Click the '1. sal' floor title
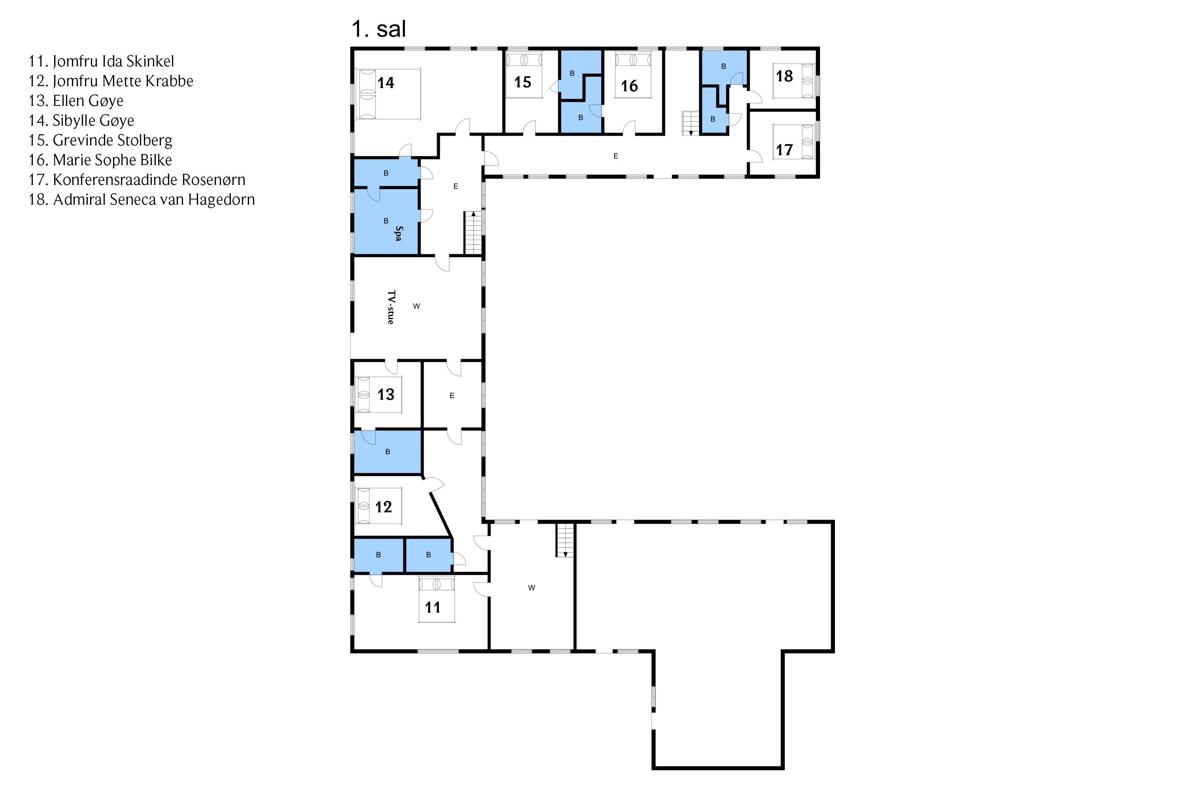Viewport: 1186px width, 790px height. (x=378, y=29)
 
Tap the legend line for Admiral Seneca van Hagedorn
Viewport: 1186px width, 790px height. (x=142, y=199)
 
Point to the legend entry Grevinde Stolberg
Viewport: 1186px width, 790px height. (x=100, y=140)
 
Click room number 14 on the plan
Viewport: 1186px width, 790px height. (x=386, y=83)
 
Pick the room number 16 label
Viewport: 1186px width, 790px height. (x=629, y=86)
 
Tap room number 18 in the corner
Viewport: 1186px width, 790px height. (x=784, y=76)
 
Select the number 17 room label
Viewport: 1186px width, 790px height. (x=784, y=150)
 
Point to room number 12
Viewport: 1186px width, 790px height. (x=383, y=507)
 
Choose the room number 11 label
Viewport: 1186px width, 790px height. (x=432, y=607)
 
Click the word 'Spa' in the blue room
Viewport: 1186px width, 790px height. (x=398, y=233)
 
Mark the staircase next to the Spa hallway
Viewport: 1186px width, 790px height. (x=473, y=233)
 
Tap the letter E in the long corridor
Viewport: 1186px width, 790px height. (x=616, y=156)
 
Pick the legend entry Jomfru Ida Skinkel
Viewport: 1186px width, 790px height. (x=101, y=62)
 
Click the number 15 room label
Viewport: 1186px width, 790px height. (x=522, y=82)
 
